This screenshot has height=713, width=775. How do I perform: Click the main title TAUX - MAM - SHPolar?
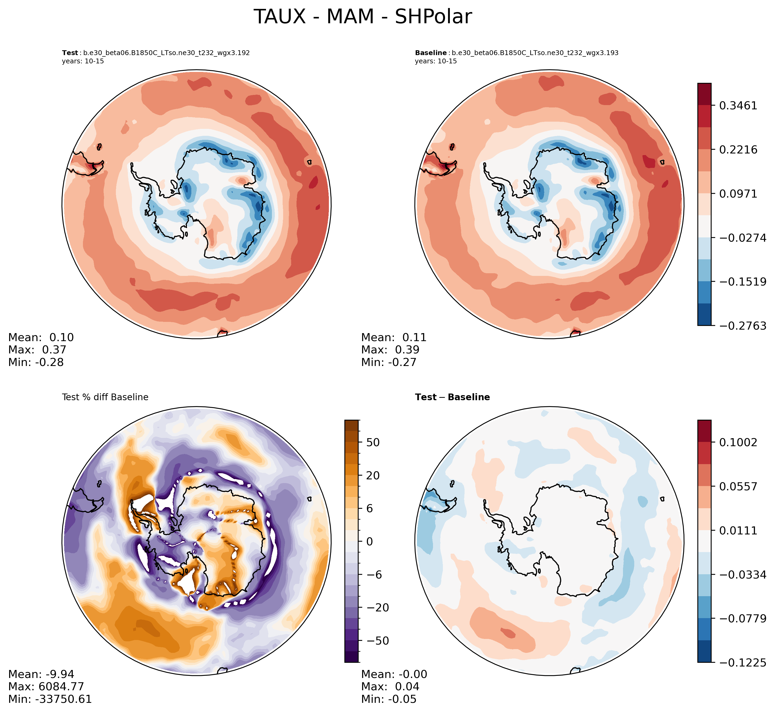tap(363, 17)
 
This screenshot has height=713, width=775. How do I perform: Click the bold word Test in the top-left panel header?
tap(70, 53)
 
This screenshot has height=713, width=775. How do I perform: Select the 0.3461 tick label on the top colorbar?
tap(738, 106)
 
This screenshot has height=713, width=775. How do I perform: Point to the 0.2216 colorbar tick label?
tap(738, 150)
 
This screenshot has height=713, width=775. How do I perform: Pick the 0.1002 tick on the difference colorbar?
tap(738, 442)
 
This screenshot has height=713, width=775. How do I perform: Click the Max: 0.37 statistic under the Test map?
tap(37, 350)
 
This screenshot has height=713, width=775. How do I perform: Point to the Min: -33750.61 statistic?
tap(50, 699)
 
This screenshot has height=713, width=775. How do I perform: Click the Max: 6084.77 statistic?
tap(46, 687)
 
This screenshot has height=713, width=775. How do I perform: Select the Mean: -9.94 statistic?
tap(41, 675)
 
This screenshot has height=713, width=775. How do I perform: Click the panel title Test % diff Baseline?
tap(105, 397)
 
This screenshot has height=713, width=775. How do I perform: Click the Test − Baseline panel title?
tap(452, 397)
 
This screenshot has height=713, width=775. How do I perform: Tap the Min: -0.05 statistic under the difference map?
tap(389, 699)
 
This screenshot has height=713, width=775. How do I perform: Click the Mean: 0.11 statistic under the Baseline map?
tap(394, 338)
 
